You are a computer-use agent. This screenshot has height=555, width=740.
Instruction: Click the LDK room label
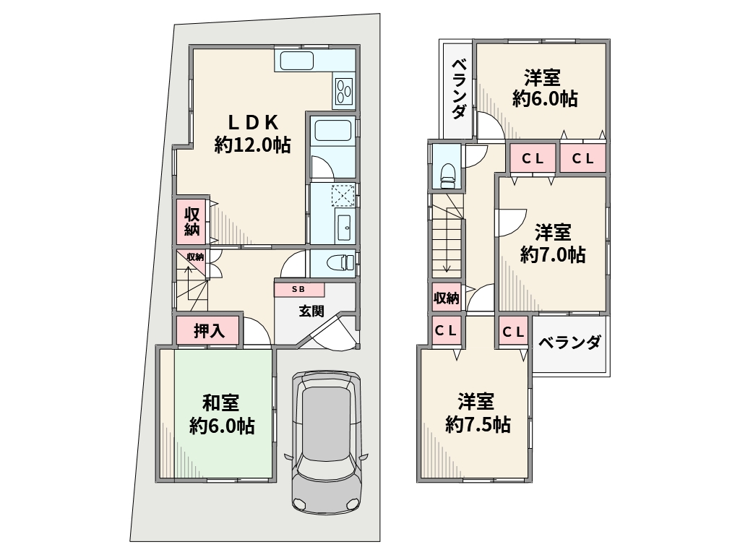click(x=253, y=134)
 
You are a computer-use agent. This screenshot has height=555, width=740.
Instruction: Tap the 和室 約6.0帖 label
click(x=222, y=414)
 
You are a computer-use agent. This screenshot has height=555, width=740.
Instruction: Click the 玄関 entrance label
click(x=311, y=311)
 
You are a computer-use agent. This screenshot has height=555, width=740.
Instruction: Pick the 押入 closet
click(x=209, y=330)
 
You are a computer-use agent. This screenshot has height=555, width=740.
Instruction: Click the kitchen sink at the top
click(x=297, y=61)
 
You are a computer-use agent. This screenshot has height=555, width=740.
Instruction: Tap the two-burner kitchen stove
click(x=343, y=90)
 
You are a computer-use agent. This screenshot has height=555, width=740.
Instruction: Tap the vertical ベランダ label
click(x=458, y=89)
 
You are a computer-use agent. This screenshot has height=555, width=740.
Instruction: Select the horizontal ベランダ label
click(x=570, y=342)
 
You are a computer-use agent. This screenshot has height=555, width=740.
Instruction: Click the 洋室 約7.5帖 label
click(x=478, y=413)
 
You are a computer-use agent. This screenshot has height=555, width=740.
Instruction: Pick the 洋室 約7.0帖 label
click(x=553, y=244)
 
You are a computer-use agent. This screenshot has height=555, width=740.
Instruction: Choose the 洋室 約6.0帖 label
click(x=545, y=88)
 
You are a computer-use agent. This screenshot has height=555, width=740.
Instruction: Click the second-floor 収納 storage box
click(x=447, y=298)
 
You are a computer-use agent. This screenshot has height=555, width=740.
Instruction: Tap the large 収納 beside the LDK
click(x=192, y=222)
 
